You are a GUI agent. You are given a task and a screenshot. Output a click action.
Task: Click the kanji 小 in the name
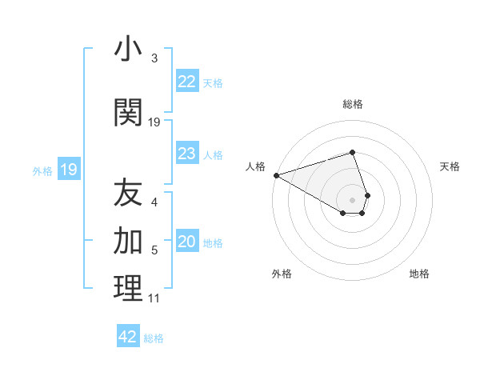(x=128, y=50)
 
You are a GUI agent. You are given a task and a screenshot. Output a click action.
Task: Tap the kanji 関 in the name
(x=128, y=113)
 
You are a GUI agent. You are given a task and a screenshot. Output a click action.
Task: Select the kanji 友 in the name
(x=128, y=193)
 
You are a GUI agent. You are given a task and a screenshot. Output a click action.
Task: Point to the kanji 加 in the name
(x=128, y=239)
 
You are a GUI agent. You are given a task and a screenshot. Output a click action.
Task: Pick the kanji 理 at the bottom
(x=128, y=288)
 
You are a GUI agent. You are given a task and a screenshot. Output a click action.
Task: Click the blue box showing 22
(x=186, y=82)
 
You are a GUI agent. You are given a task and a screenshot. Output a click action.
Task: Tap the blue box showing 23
(x=186, y=154)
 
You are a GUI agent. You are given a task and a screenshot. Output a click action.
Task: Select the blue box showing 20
(x=186, y=242)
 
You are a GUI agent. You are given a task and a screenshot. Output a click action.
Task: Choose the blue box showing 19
(x=68, y=170)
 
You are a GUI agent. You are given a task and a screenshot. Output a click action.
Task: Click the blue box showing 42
(x=128, y=337)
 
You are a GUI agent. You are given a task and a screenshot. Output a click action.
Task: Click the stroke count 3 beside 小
(x=154, y=58)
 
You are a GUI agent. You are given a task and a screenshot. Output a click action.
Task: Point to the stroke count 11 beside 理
(x=154, y=298)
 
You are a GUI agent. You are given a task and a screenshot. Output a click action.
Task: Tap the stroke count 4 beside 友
(x=154, y=202)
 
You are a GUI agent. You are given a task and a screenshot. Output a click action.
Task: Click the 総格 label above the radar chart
(x=353, y=104)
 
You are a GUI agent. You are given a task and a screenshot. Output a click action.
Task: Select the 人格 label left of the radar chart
(x=255, y=166)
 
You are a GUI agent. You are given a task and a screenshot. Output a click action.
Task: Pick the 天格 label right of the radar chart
(x=450, y=166)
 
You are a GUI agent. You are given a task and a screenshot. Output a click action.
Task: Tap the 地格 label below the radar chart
(x=419, y=274)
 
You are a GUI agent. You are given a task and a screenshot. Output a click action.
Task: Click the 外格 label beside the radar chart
(x=282, y=274)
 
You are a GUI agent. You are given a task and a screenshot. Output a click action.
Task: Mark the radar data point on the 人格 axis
(x=276, y=174)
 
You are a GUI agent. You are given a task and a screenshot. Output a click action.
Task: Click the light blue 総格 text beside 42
(x=154, y=338)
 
